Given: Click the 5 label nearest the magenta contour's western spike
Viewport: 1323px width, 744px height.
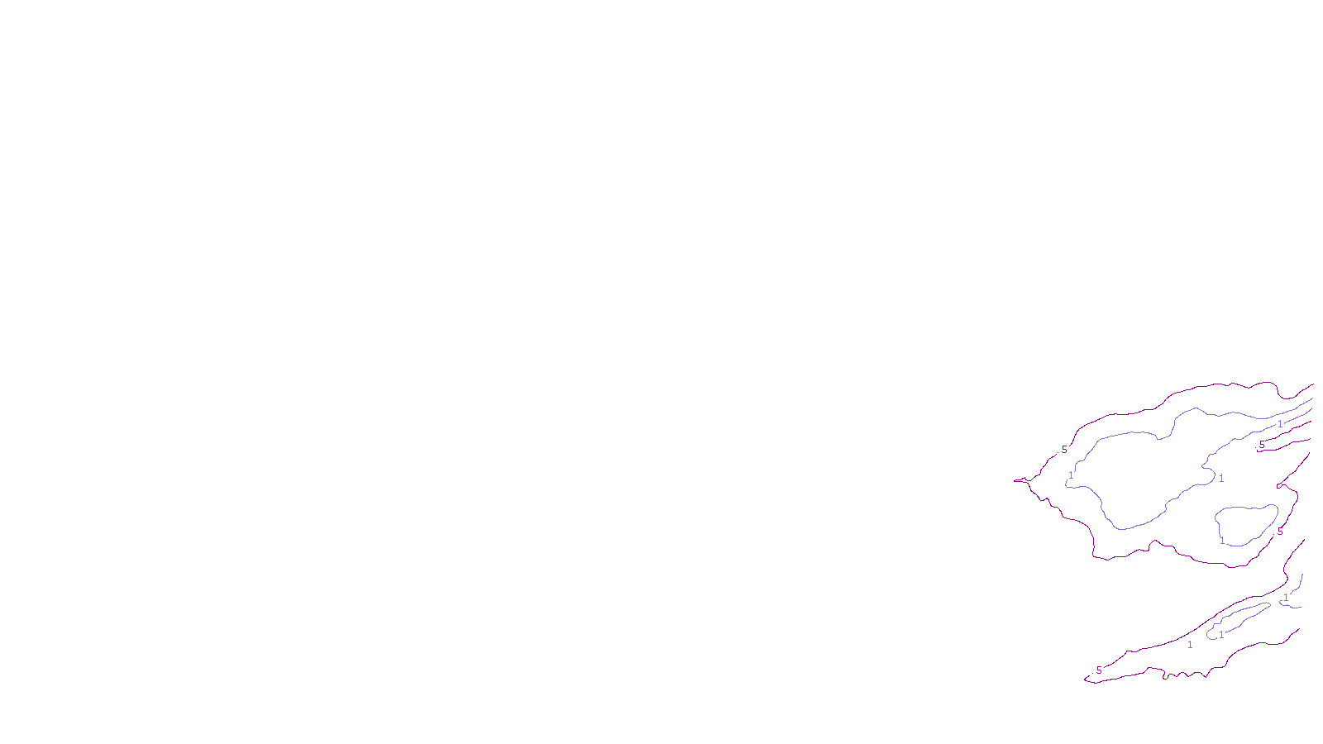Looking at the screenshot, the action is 1064,450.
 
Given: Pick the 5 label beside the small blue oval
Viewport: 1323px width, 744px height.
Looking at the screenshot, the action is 1280,532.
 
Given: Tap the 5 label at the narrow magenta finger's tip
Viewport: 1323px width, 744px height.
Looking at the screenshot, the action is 1262,445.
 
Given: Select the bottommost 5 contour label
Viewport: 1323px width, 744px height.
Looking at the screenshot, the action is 1099,670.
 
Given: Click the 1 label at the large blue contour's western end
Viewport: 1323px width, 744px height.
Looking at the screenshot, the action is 1071,475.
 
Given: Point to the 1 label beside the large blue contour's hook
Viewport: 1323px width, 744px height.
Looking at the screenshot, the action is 1221,478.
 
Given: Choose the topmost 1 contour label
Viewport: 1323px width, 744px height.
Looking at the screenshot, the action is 1280,424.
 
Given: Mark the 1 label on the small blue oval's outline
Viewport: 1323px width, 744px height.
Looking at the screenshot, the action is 1222,541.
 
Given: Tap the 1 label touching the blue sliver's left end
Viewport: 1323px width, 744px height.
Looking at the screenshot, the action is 1220,635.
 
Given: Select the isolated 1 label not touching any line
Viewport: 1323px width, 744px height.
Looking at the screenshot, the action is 1190,645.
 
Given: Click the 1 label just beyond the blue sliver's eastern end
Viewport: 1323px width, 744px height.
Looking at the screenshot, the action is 1286,597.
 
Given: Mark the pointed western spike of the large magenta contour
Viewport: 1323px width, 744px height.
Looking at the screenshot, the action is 1017,480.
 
